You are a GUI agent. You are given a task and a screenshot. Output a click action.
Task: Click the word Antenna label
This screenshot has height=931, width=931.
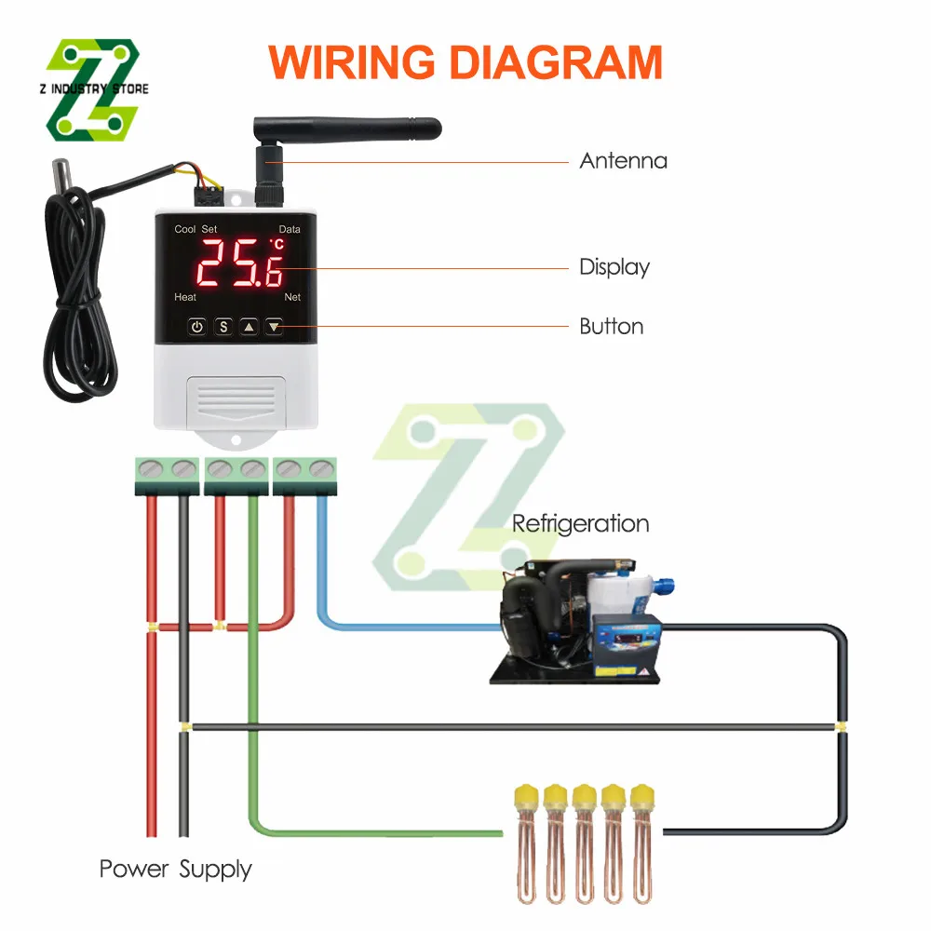(623, 161)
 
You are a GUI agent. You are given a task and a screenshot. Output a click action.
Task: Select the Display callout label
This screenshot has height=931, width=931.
(614, 267)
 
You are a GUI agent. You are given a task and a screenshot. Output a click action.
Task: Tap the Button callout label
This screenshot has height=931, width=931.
(611, 327)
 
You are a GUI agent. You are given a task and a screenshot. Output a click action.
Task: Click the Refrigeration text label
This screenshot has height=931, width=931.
(580, 523)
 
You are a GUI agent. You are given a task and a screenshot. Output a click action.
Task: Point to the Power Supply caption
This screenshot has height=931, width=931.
(175, 870)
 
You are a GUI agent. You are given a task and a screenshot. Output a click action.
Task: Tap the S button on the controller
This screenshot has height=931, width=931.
(223, 327)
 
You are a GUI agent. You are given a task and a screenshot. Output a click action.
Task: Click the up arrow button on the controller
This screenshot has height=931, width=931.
(249, 327)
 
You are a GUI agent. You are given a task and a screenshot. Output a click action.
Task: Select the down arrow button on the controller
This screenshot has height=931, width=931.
(274, 327)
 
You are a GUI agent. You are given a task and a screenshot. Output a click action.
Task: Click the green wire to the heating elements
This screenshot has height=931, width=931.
(252, 652)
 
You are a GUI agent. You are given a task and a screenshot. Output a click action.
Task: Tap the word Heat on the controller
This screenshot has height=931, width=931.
(185, 297)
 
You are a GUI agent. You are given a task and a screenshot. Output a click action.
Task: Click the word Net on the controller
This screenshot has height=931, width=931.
(292, 297)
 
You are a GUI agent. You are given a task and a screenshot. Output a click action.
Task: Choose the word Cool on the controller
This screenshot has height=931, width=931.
(184, 229)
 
